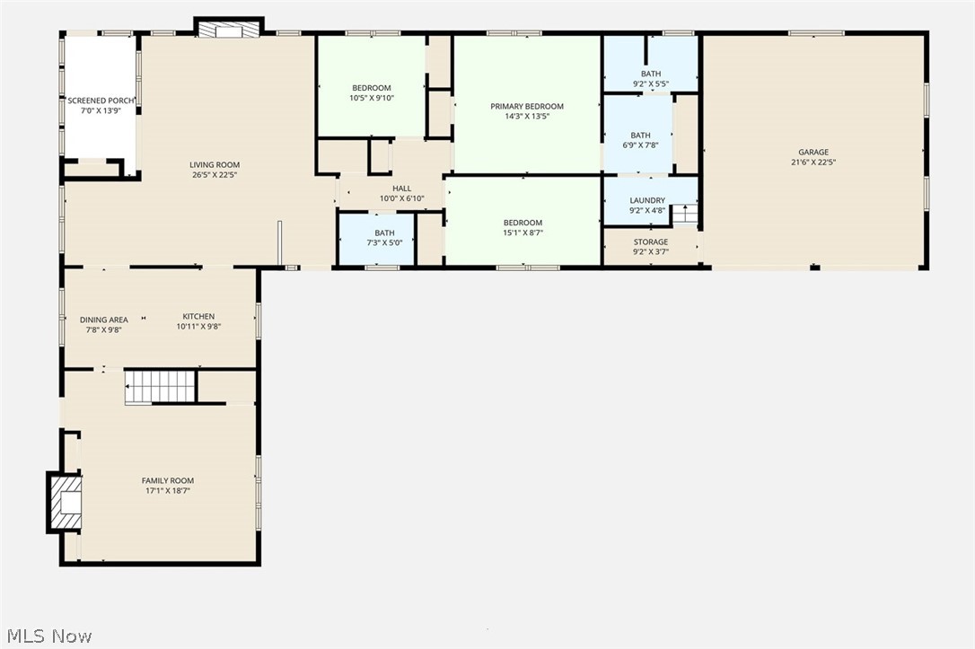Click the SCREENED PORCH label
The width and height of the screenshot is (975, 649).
coord(101,101)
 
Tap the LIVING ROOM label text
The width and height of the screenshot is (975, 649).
coord(214,164)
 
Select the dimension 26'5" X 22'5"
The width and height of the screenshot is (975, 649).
coord(214,175)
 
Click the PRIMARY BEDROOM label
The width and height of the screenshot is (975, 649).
coord(527,106)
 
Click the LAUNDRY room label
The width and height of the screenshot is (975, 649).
coord(647,200)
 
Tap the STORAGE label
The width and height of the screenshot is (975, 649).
coord(650,241)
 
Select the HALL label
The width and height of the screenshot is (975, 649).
coord(401,189)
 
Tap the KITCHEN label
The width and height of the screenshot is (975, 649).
coord(198,316)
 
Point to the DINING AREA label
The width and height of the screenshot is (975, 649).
coord(104,320)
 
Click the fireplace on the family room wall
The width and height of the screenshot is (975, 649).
coord(66,504)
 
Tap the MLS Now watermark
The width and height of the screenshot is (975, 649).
coord(47,636)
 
